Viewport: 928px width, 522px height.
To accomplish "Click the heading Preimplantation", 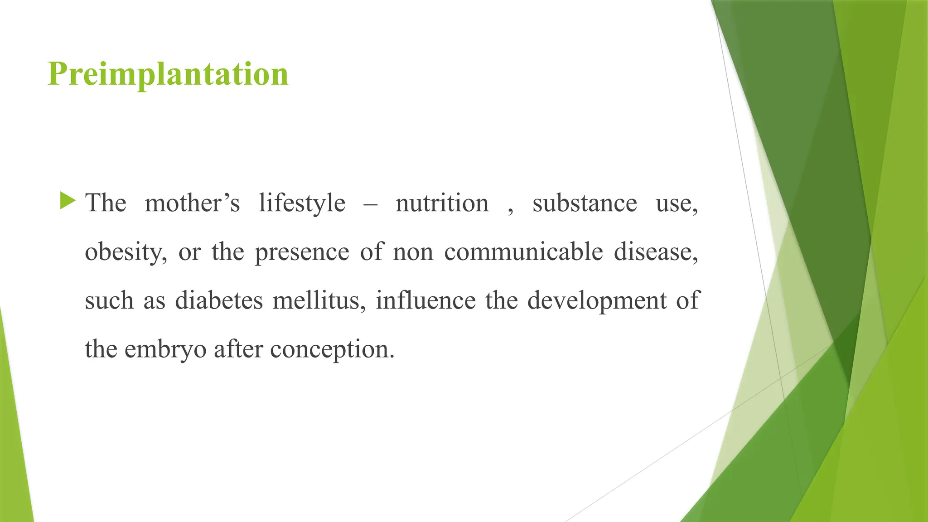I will [x=168, y=74].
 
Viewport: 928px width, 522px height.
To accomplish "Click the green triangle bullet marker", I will [x=68, y=201].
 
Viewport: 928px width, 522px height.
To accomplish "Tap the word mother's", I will [x=192, y=203].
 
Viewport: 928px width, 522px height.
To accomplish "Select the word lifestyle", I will [x=302, y=203].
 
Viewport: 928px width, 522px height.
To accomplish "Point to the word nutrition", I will [x=442, y=203].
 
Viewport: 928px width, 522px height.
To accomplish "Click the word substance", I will [x=585, y=203].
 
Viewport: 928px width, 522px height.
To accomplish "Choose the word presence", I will [x=302, y=252].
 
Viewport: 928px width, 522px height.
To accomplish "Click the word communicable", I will [x=523, y=252].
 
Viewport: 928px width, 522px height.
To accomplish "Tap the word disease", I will [x=656, y=252].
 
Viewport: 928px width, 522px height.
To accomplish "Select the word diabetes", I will [x=219, y=301].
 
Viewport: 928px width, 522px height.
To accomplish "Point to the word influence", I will [x=425, y=301].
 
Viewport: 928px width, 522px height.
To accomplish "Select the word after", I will [x=238, y=349].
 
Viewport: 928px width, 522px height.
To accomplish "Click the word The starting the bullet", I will [x=106, y=203].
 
